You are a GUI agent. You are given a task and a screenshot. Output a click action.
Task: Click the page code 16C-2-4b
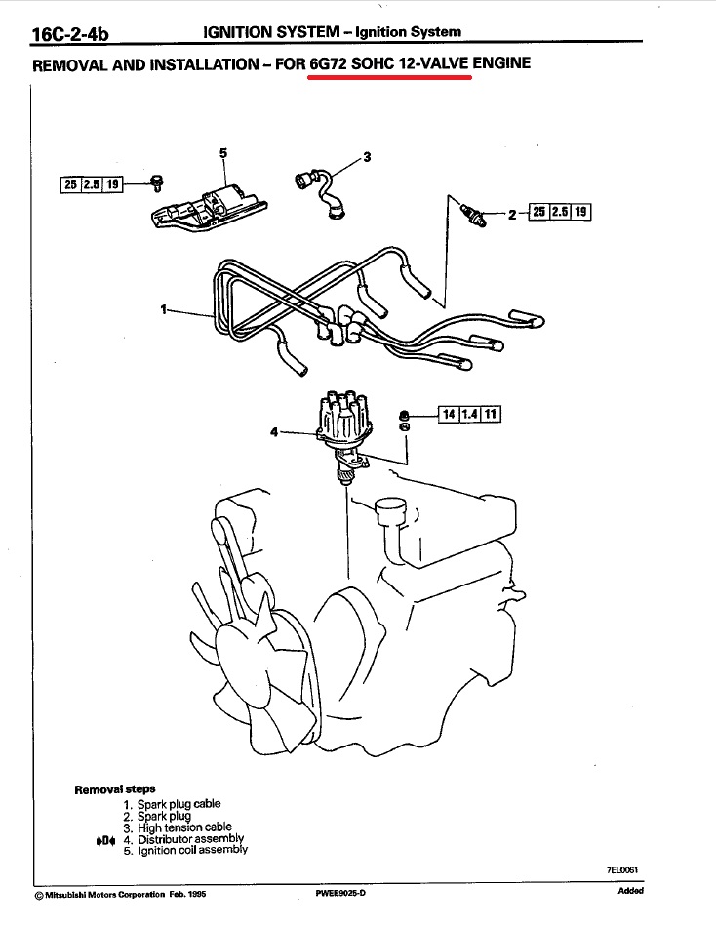point(70,36)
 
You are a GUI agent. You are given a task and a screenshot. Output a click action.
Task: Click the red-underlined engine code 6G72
point(332,65)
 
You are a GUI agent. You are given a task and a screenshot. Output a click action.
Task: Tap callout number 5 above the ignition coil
point(222,153)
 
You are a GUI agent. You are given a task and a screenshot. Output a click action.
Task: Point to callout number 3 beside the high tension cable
point(367,156)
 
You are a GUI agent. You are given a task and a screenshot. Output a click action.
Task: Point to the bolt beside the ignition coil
point(155,182)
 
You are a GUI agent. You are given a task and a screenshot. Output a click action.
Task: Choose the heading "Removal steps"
point(114,788)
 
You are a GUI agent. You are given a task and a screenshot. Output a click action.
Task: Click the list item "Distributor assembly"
point(190,838)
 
